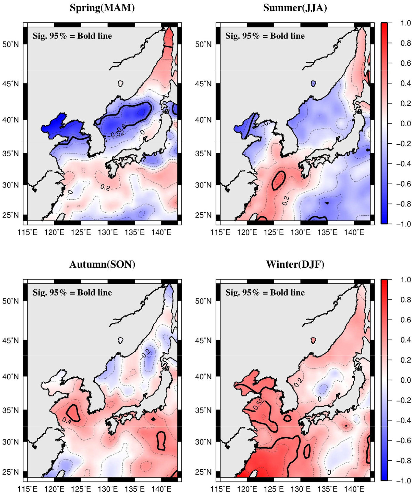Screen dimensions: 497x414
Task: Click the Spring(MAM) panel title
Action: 102,8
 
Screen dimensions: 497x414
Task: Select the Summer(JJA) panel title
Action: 295,8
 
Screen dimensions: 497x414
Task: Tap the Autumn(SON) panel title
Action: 102,264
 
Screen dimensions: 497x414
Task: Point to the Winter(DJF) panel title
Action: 295,264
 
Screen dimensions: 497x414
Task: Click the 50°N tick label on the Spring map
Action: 10,45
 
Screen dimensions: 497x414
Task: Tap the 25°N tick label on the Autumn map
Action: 10,472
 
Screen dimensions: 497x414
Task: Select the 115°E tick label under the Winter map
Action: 220,489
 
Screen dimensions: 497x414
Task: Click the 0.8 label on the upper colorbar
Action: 405,43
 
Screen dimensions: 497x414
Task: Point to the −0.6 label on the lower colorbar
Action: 404,440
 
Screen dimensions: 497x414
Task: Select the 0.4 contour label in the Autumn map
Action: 67,420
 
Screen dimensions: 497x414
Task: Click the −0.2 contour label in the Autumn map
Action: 146,354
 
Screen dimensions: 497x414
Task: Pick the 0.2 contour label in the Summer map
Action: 286,201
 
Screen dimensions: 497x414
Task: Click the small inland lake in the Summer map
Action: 313,84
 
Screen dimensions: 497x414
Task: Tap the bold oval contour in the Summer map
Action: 279,180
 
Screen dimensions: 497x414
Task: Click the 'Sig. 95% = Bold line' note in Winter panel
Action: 265,293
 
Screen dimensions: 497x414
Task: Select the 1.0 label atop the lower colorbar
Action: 405,280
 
